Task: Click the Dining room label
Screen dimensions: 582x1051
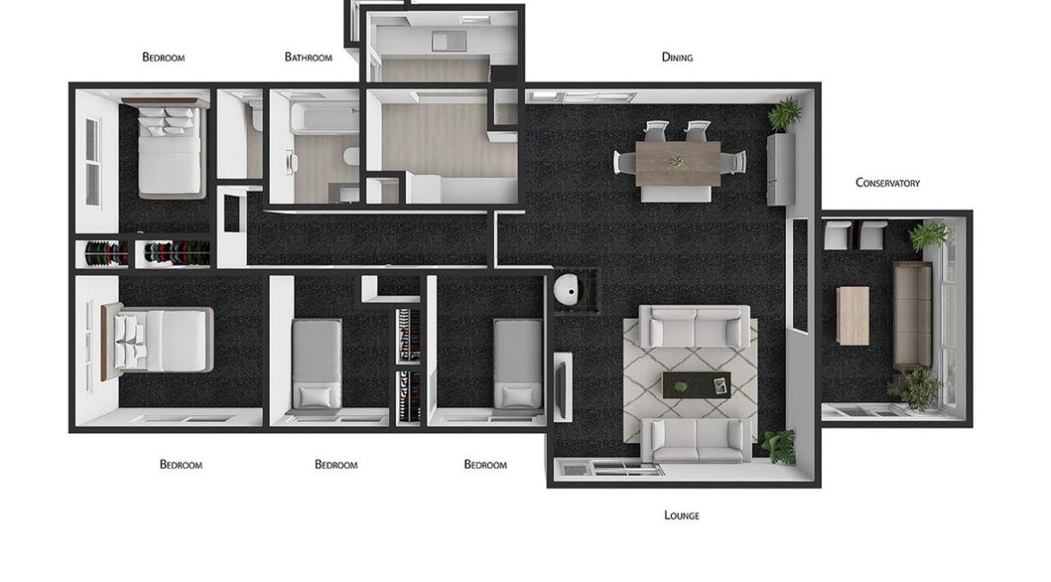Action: coord(676,57)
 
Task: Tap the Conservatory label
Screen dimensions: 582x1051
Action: coord(888,183)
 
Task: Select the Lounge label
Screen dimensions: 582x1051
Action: coord(681,516)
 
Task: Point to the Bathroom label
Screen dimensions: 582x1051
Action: coord(308,57)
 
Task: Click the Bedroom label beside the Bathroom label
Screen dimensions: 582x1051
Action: coord(163,57)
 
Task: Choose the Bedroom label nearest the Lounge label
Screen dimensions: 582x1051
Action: coord(485,465)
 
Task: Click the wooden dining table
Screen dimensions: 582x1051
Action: coord(677,164)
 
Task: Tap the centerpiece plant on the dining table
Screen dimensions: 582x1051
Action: coord(676,162)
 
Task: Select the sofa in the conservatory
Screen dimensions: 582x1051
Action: coord(912,314)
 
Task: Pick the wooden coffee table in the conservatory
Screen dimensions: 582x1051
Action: coord(852,315)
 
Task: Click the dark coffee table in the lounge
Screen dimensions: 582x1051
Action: coord(696,385)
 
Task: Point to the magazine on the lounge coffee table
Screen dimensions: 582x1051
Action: coord(720,385)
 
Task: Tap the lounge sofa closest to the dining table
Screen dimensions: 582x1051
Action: coord(694,327)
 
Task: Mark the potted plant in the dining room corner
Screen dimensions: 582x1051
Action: coord(785,114)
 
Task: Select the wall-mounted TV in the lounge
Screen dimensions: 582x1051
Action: coord(563,386)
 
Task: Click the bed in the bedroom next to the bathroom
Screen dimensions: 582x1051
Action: coord(171,148)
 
